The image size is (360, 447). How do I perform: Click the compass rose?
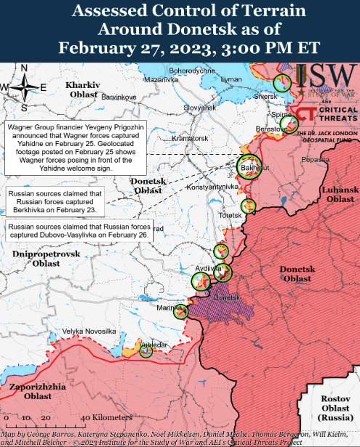coord(24,87)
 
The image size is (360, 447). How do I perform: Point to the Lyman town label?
coord(231,78)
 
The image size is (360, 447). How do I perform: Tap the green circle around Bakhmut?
coord(250,165)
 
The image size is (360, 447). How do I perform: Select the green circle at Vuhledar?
coord(145,350)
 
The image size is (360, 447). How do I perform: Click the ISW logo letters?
coord(327,74)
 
